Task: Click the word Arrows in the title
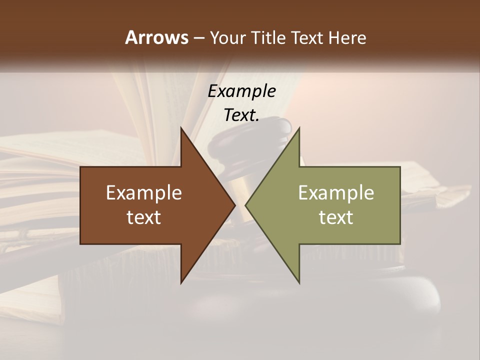(x=156, y=37)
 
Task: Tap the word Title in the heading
(x=267, y=38)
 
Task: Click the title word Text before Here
(x=308, y=38)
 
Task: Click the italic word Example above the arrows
(x=241, y=91)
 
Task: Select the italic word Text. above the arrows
(x=241, y=115)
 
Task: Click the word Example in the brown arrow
(x=144, y=193)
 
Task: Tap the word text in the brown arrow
(x=144, y=217)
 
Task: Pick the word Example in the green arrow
(x=336, y=193)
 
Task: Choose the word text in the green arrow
(x=336, y=217)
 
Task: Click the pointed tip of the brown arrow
(x=235, y=205)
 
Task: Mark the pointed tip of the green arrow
(x=245, y=205)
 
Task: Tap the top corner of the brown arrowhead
(x=181, y=128)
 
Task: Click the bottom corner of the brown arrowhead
(x=181, y=283)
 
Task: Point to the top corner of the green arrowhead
(x=299, y=128)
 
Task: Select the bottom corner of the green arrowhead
(x=299, y=283)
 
